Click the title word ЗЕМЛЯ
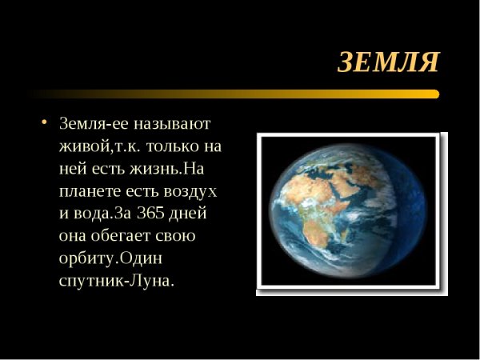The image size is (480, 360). (x=388, y=62)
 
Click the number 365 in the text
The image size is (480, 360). (x=151, y=214)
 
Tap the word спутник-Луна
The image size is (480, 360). (x=116, y=282)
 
